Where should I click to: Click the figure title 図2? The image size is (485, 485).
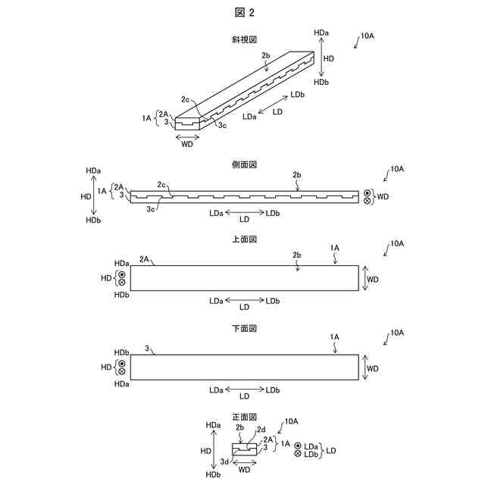pos(242,13)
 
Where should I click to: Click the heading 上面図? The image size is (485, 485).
pos(243,239)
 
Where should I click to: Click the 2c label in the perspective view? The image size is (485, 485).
pos(186,99)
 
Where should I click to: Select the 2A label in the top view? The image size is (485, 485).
pos(145,259)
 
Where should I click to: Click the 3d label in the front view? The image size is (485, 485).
pos(224,462)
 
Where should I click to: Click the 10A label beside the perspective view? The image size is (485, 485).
pos(367,36)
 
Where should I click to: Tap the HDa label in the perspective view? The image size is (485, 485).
pos(320,33)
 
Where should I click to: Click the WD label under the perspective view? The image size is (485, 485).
pos(186,144)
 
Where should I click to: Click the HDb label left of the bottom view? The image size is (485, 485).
pos(120,353)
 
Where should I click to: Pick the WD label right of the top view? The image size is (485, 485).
pos(373,279)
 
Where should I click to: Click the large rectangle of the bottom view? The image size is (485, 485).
pos(244,368)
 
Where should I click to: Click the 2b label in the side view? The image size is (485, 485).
pos(297,175)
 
